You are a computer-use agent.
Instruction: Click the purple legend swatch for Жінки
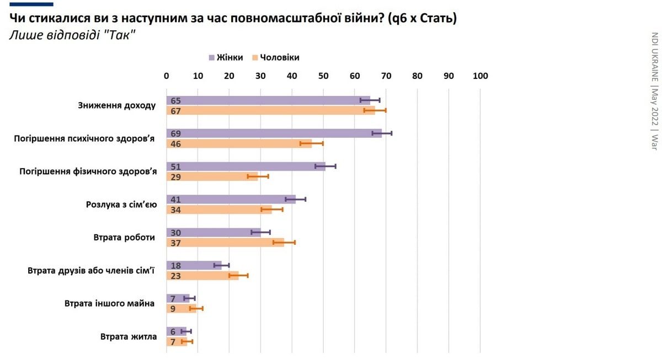pyautogui.click(x=212, y=57)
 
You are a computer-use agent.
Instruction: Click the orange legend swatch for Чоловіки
pyautogui.click(x=255, y=57)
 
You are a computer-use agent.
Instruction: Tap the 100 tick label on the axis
pyautogui.click(x=480, y=76)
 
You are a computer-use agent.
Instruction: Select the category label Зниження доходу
pyautogui.click(x=117, y=105)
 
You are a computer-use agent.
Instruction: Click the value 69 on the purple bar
pyautogui.click(x=176, y=133)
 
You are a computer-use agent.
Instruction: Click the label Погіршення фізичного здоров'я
pyautogui.click(x=88, y=171)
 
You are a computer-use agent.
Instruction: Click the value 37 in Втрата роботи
pyautogui.click(x=176, y=243)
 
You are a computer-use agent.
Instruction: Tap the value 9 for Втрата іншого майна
pyautogui.click(x=173, y=309)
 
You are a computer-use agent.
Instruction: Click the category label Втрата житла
pyautogui.click(x=129, y=336)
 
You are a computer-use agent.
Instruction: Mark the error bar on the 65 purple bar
pyautogui.click(x=370, y=100)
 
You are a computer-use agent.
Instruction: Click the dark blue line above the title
pyautogui.click(x=31, y=4)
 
